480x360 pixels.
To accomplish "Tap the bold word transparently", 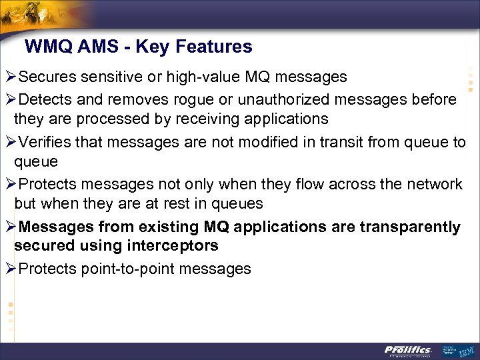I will click(410, 227).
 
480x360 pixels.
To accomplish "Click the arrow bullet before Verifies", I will click(9, 141).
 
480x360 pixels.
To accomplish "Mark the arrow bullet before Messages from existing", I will click(9, 227).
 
